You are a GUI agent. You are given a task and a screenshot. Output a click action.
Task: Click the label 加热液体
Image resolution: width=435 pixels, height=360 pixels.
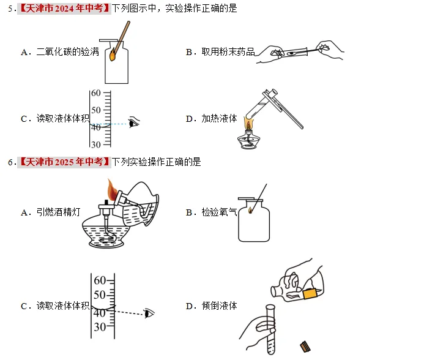[219, 119]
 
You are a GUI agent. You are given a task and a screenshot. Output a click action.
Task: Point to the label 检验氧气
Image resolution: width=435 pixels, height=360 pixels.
[219, 212]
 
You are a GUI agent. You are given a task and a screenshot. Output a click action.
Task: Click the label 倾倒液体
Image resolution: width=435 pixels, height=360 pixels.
[219, 306]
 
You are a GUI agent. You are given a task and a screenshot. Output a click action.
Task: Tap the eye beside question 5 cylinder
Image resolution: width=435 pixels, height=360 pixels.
[134, 122]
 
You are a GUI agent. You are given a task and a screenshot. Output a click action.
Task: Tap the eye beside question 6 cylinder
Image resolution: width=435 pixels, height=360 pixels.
[149, 313]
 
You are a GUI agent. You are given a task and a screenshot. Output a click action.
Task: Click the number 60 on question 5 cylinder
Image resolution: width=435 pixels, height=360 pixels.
[95, 94]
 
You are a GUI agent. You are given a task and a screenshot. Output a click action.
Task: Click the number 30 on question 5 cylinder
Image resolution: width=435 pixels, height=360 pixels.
[95, 144]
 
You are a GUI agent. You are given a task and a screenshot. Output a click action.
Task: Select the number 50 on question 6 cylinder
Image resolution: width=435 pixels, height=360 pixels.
[99, 295]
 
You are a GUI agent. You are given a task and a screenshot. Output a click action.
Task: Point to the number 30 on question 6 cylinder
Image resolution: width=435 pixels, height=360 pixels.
[99, 327]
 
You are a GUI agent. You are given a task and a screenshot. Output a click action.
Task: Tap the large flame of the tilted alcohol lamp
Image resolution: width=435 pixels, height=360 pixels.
[111, 187]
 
